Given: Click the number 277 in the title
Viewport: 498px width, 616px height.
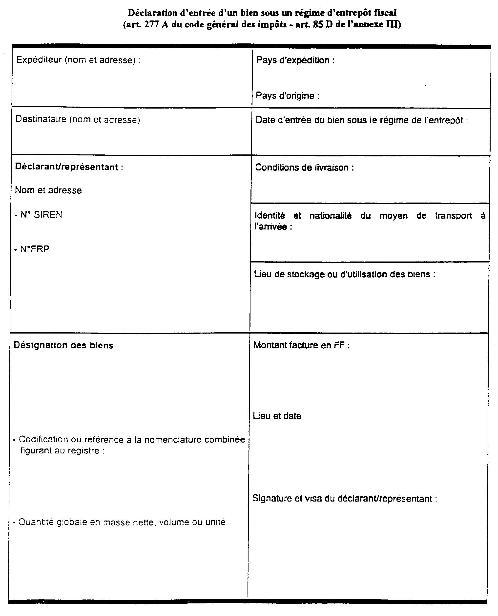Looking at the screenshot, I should pos(151,25).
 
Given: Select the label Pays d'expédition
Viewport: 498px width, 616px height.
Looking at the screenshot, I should pos(295,60).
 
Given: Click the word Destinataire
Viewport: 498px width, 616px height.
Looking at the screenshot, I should pos(41,119).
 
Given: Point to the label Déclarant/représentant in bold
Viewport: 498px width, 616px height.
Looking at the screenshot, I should pos(69,167).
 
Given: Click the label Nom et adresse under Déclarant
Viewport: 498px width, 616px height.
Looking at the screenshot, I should pos(48,190).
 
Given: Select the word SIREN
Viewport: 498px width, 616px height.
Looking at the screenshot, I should pos(48,215).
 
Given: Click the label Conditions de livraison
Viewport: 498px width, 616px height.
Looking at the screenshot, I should pos(304,167).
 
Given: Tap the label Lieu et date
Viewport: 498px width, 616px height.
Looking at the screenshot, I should pos(277,416).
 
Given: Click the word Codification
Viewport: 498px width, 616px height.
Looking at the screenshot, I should pos(43,440).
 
